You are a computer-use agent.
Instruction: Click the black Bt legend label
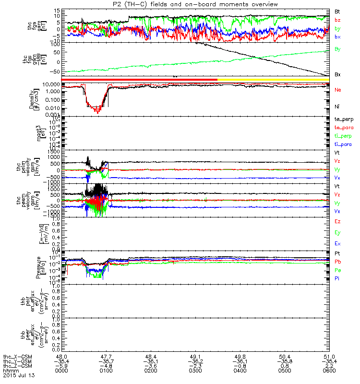[x=338, y=11]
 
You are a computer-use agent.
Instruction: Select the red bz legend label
[x=338, y=20]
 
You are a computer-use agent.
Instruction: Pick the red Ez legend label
[x=338, y=222]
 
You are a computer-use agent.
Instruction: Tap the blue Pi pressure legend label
[x=338, y=278]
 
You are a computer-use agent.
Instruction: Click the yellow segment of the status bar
[x=274, y=79]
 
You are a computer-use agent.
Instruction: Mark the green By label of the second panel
[x=338, y=49]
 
